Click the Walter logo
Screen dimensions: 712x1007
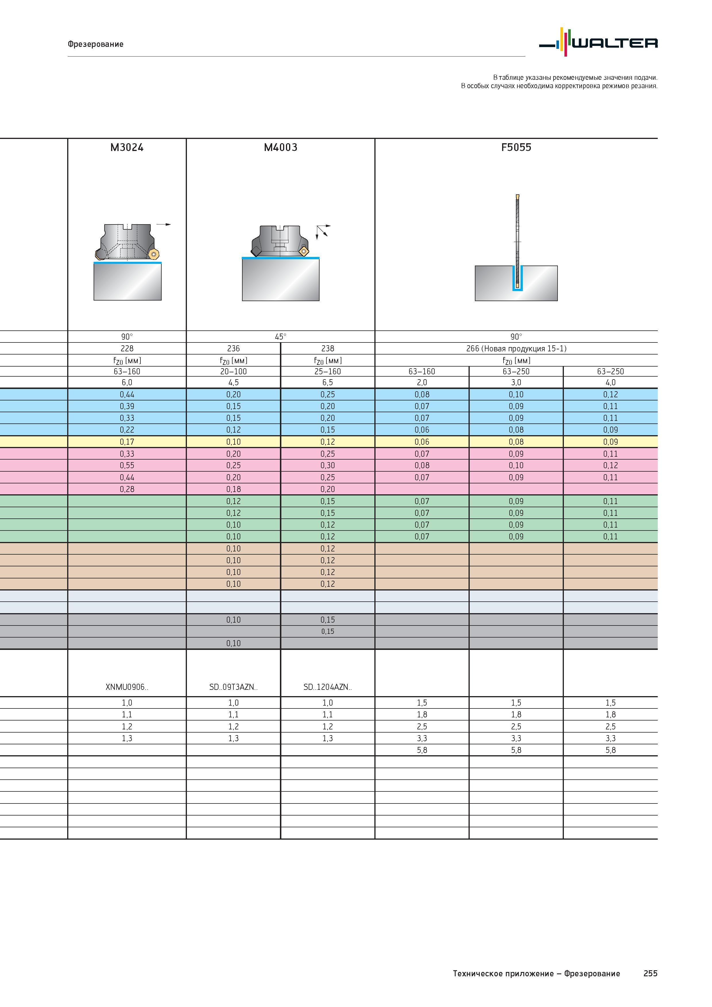[x=598, y=42]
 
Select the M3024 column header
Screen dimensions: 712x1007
[x=127, y=147]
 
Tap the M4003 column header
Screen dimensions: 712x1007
[x=280, y=147]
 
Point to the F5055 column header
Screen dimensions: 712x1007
[x=516, y=147]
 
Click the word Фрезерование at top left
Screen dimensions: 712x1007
[x=96, y=44]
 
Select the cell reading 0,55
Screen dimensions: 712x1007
[x=127, y=465]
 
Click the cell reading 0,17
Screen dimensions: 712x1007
[x=127, y=442]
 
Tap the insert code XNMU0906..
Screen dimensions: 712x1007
[x=127, y=687]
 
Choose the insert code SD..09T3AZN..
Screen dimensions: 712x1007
[x=233, y=687]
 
